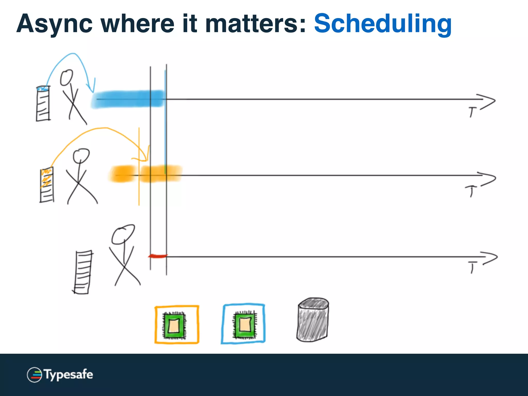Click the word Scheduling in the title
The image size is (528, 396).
[x=383, y=24]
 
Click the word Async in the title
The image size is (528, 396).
[x=54, y=24]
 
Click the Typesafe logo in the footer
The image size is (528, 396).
[x=60, y=375]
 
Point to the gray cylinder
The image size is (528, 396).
[x=313, y=320]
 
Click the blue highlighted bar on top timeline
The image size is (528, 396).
[x=128, y=99]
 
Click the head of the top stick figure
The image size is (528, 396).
[x=67, y=77]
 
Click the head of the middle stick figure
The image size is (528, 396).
[x=81, y=155]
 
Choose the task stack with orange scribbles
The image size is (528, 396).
[x=47, y=185]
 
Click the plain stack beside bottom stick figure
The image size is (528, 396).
[x=83, y=272]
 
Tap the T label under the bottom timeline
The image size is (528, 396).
[x=472, y=267]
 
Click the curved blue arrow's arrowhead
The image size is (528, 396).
[x=92, y=88]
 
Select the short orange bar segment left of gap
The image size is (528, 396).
[x=123, y=174]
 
